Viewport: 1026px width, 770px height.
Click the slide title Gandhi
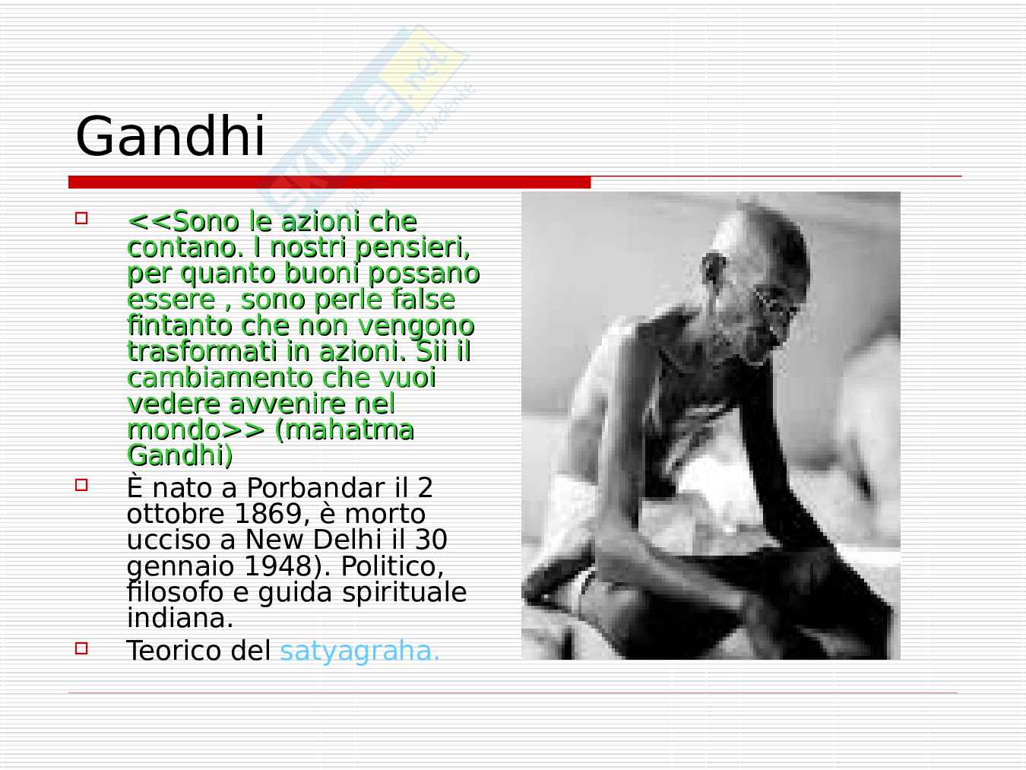point(170,135)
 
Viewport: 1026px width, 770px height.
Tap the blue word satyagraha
point(359,651)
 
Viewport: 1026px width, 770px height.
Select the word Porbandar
point(315,488)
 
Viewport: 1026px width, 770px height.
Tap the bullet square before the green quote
point(81,218)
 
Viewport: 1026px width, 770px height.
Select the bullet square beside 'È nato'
point(81,485)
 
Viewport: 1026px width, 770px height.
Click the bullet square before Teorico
point(81,648)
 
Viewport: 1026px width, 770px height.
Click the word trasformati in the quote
point(202,351)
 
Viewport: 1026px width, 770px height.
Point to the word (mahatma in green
point(344,429)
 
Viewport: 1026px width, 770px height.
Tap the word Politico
point(392,566)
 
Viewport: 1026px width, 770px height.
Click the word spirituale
point(404,593)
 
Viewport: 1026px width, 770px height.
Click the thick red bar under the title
point(330,182)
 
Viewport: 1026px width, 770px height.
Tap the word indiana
point(180,618)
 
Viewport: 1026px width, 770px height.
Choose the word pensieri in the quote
point(412,247)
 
